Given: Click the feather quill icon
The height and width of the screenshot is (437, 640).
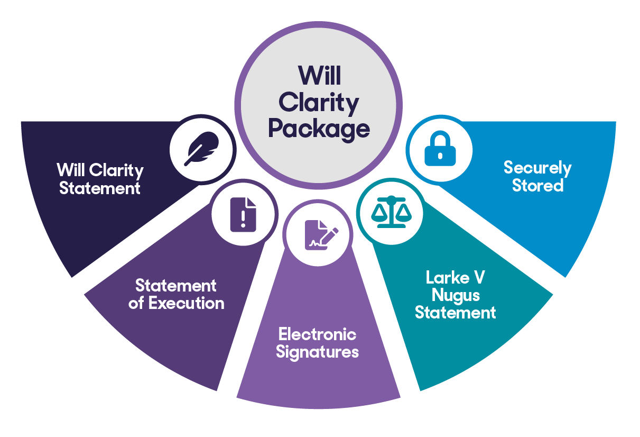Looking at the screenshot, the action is (202, 149).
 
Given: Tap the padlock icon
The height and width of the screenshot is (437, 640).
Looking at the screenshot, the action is (440, 149).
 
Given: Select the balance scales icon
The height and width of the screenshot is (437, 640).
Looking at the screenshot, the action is (392, 212).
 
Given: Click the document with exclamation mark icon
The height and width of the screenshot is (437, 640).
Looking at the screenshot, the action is (243, 214).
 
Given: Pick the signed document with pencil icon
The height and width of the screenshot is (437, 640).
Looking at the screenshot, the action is (322, 235).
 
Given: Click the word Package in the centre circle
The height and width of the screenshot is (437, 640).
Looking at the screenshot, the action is (319, 130).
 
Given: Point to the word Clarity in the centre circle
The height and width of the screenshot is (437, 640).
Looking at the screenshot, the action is (319, 103).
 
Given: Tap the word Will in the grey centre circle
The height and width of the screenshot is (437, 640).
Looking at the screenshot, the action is (319, 76).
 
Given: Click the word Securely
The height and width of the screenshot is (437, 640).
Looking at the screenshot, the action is (537, 168).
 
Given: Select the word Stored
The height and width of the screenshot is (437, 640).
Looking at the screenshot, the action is (537, 185).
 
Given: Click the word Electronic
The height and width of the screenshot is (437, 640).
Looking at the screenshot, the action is (318, 334).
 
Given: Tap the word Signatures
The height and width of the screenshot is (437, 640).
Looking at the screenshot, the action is (318, 352).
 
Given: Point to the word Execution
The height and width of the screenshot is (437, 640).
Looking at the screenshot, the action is (187, 303).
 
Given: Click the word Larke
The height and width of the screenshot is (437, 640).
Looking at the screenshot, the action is (448, 277).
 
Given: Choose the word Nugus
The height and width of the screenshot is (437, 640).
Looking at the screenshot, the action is (456, 296).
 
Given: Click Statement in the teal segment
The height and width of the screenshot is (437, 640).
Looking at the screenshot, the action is (456, 312).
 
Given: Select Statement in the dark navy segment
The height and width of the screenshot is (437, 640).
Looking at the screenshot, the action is (100, 188).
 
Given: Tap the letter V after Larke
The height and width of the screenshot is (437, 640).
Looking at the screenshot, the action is (479, 277).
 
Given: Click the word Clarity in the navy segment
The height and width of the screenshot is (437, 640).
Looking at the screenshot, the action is (116, 171).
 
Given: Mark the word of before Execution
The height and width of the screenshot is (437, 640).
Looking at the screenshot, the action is (136, 303).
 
